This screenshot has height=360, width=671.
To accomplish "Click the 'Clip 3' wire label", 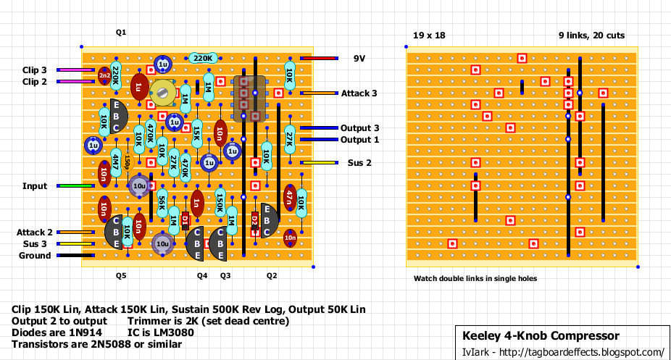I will coord(34,70).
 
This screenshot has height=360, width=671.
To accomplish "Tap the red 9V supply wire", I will coord(319,59).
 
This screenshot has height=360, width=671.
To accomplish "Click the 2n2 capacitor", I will coord(104,75).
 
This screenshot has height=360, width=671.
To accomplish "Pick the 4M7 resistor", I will coord(115,162).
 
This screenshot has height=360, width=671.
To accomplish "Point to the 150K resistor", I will coord(220,203).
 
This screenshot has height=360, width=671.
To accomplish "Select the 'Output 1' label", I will coord(360,140).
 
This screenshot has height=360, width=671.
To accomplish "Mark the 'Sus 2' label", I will coord(359,163).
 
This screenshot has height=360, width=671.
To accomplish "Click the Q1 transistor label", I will coord(121,33).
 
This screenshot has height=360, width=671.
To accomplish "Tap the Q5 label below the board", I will coord(121,276).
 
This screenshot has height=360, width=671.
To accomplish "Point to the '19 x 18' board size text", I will coord(428,35).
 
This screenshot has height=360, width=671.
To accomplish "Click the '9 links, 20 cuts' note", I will coord(591,35).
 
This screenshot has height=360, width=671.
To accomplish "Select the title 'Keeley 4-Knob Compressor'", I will coord(541,336).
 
